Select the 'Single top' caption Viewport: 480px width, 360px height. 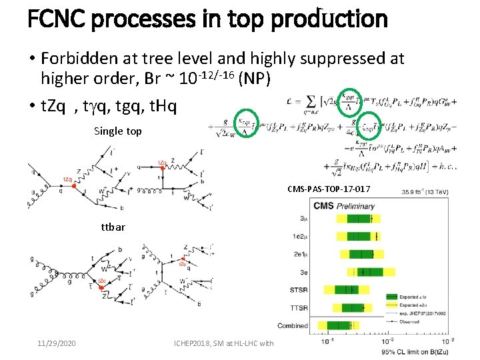point(118,131)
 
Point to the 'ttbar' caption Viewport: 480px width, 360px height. point(113,227)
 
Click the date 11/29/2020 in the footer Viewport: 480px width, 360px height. point(56,343)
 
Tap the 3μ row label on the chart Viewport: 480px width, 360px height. point(303,219)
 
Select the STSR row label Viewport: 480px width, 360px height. point(298,290)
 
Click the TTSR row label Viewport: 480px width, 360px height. point(298,308)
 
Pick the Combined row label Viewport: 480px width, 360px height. point(293,326)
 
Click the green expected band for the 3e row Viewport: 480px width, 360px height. point(366,272)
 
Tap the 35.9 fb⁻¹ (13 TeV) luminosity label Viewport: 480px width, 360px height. point(425,193)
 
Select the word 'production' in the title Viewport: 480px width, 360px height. point(329,18)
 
